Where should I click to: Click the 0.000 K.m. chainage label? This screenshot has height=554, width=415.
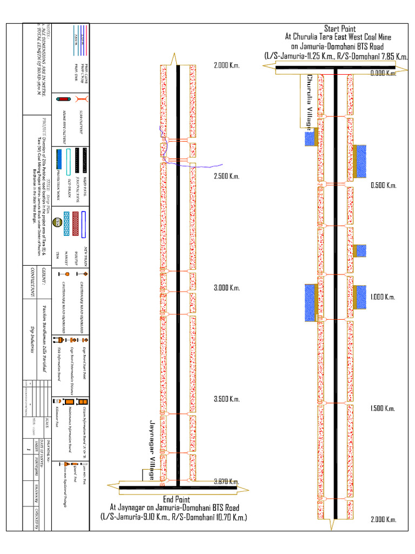pyautogui.click(x=384, y=74)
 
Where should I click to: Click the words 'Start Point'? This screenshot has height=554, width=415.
pyautogui.click(x=339, y=28)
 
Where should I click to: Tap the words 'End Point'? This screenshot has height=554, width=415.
pyautogui.click(x=176, y=499)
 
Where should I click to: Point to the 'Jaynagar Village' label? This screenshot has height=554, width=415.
pyautogui.click(x=152, y=450)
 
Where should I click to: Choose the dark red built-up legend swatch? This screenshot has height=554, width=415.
pyautogui.click(x=76, y=217)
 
